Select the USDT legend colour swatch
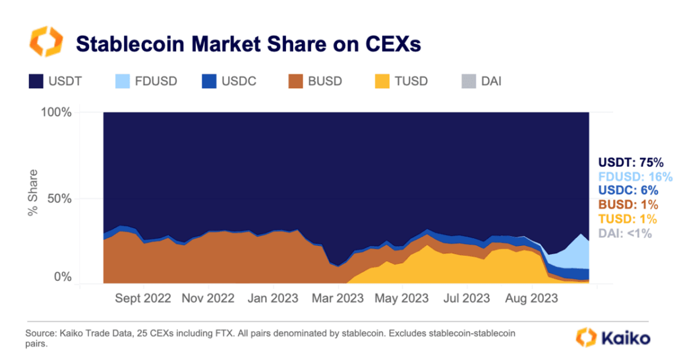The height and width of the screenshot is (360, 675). point(36,82)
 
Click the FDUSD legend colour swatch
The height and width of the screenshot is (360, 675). point(123,82)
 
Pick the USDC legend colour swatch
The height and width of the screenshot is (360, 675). point(209,82)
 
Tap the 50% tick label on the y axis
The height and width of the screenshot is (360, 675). point(59,198)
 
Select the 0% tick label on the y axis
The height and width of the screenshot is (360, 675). point(63,278)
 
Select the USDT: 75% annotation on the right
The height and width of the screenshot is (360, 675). point(630,162)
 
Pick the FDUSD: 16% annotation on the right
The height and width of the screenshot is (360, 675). point(635,177)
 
